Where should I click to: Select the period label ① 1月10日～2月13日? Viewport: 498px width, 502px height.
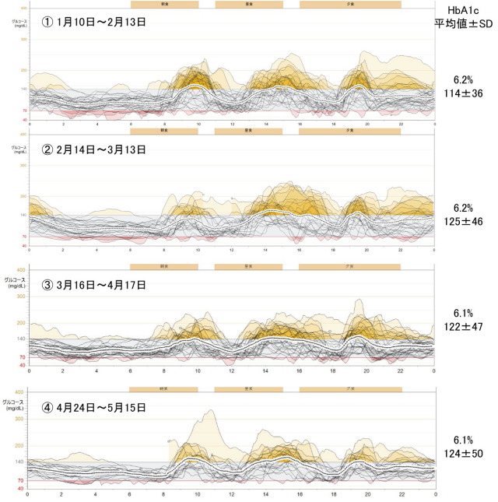click(94, 22)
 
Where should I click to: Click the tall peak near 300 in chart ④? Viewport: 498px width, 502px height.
click(209, 412)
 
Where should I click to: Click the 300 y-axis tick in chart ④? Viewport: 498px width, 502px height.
click(19, 419)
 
